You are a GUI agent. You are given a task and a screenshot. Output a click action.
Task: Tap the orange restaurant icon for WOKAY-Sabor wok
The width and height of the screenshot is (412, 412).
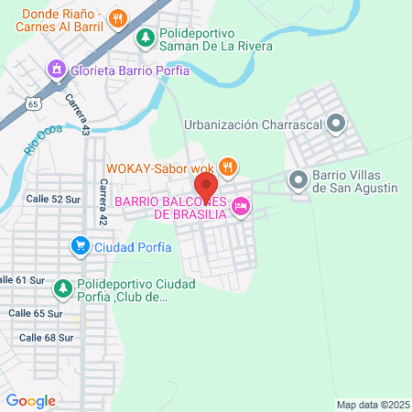(x=229, y=168)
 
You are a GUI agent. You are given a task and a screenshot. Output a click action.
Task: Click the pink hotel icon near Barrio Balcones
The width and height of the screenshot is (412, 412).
(x=242, y=208)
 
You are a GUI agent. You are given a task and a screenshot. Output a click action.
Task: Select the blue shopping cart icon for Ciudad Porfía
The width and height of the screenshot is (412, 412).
(x=81, y=245)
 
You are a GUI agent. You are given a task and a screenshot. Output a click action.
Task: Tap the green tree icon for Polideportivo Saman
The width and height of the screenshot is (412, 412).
(x=145, y=38)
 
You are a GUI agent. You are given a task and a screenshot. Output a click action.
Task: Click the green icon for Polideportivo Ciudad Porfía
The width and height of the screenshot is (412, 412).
(x=63, y=288)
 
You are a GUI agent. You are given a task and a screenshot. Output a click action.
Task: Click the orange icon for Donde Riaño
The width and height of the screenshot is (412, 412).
(x=118, y=17)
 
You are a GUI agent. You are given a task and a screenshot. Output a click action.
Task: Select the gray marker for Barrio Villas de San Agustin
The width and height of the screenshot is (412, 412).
(x=299, y=180)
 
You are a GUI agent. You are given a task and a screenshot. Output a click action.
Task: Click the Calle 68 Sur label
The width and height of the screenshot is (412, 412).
(x=46, y=337)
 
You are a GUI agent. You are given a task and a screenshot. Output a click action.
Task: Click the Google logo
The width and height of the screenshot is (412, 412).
(x=30, y=400)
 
